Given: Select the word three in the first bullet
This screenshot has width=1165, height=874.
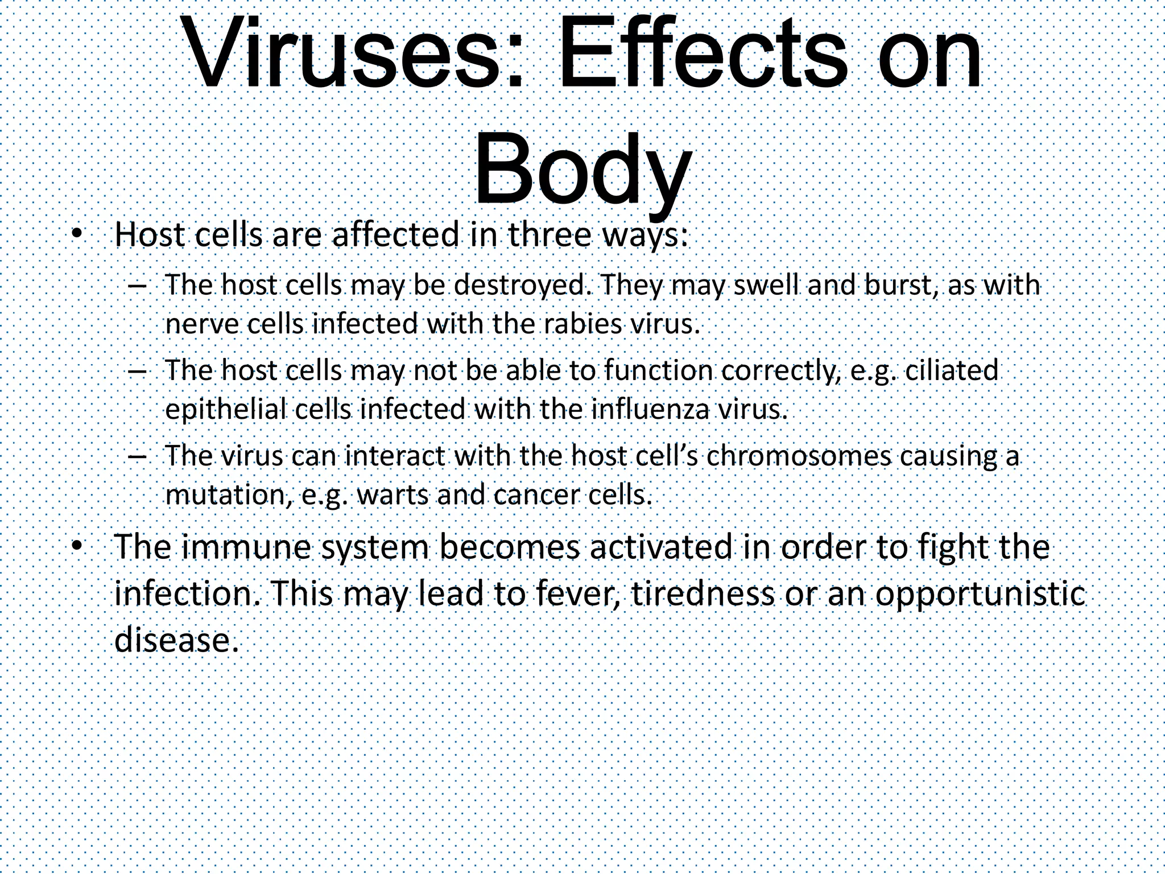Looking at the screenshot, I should [548, 235].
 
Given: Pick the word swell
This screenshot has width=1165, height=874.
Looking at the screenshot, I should [767, 285].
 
